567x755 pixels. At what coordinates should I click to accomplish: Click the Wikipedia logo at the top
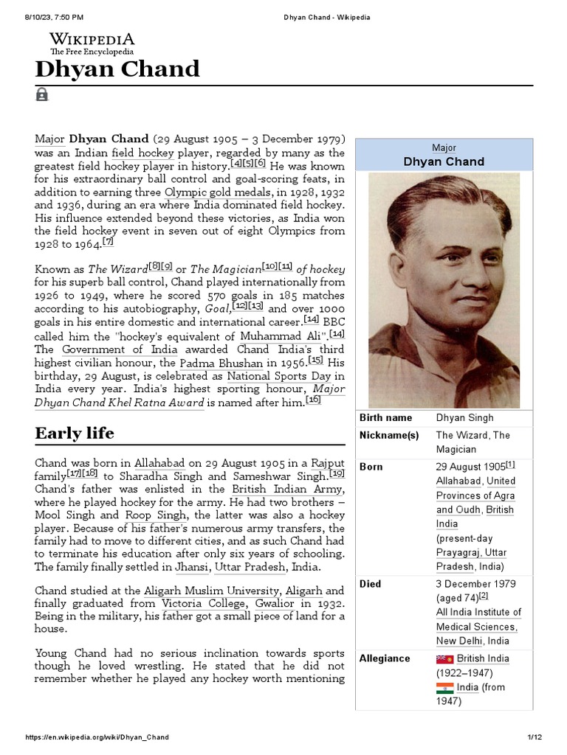point(92,44)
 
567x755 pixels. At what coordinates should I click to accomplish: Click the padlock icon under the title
point(42,94)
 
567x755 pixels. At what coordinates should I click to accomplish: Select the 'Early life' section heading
point(75,433)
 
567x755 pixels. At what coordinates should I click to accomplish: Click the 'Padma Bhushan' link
point(221,363)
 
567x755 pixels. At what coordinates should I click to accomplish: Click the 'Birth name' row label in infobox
point(386,418)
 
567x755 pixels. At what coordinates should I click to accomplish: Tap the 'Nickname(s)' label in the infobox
point(388,435)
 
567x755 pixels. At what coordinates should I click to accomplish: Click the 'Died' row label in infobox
point(371,584)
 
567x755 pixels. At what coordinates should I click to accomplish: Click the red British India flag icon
point(444,659)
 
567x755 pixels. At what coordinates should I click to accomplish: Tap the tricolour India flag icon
point(444,688)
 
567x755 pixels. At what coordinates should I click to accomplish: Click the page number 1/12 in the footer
point(535,737)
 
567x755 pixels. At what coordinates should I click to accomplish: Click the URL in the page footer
point(97,737)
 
